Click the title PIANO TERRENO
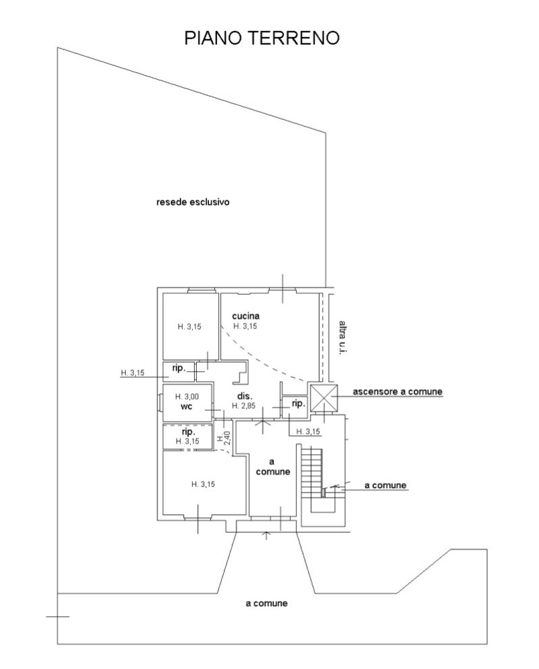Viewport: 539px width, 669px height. tap(262, 38)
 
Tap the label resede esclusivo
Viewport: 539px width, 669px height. tap(193, 202)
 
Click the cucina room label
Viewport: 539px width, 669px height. tap(245, 316)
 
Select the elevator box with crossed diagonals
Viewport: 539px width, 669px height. tap(324, 397)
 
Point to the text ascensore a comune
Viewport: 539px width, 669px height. tap(397, 391)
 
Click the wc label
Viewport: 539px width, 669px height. tap(187, 406)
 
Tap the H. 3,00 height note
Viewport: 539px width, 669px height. tap(187, 397)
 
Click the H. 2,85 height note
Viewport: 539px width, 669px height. tap(244, 405)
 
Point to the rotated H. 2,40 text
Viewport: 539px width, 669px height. tap(224, 438)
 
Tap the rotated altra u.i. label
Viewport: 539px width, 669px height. tap(342, 337)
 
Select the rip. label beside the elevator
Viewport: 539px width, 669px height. tap(298, 403)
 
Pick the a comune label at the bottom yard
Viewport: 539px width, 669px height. tap(266, 603)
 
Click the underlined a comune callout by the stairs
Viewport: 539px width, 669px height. tap(385, 485)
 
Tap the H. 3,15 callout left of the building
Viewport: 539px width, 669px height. tap(133, 372)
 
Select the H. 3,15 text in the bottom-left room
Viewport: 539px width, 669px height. tap(203, 485)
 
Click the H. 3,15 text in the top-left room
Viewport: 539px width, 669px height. tap(189, 327)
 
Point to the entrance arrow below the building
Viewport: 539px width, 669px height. tap(267, 535)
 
